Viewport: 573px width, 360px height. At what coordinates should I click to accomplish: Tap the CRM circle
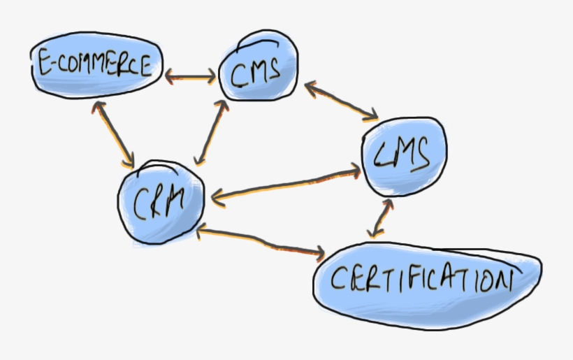(161, 203)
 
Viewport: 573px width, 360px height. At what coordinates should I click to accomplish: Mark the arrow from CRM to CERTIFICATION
(262, 241)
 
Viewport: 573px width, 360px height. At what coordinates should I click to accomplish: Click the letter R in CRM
(159, 204)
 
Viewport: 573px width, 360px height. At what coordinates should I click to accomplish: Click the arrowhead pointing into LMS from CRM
(355, 168)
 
